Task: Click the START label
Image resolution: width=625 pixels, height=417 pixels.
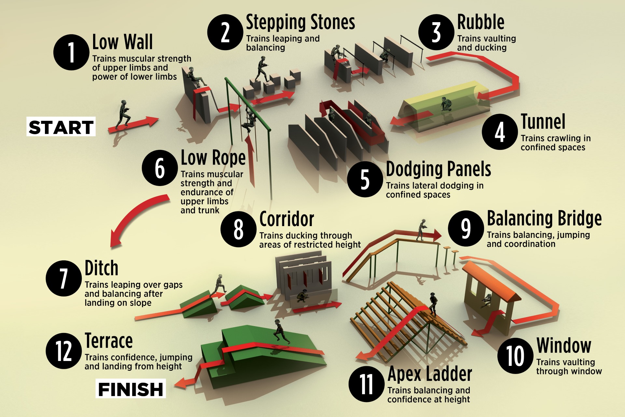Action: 61,127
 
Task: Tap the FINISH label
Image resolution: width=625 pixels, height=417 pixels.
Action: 131,389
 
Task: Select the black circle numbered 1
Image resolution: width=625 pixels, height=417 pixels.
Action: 71,52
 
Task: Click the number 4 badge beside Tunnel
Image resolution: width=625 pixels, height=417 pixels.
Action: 500,132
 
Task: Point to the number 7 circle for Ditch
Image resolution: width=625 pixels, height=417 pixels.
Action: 64,278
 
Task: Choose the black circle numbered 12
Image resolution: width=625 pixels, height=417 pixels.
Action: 64,351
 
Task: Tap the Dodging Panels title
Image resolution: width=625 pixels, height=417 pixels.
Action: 438,169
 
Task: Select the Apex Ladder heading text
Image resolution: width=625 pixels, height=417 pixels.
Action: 430,374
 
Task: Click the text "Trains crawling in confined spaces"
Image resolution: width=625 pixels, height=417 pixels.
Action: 556,143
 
